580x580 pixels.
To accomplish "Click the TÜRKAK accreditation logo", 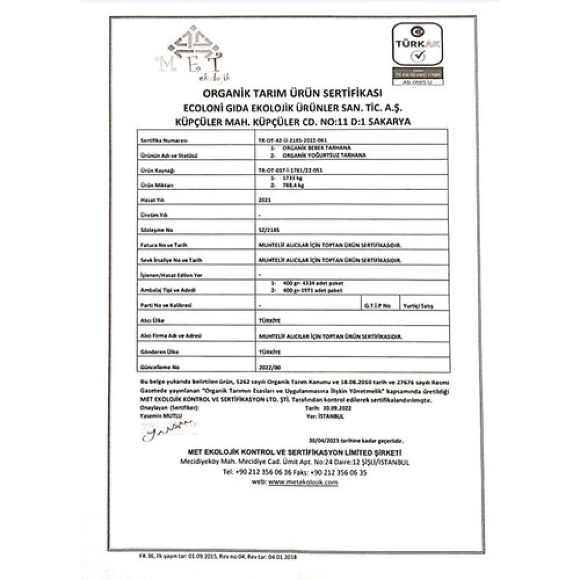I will pos(418,53).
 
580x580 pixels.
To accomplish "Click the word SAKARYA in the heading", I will pos(390,122).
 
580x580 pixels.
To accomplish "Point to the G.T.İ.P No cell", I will pos(378,306).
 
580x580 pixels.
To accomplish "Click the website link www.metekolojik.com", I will pos(303,482).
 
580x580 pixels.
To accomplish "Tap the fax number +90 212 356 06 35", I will pos(338,472).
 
